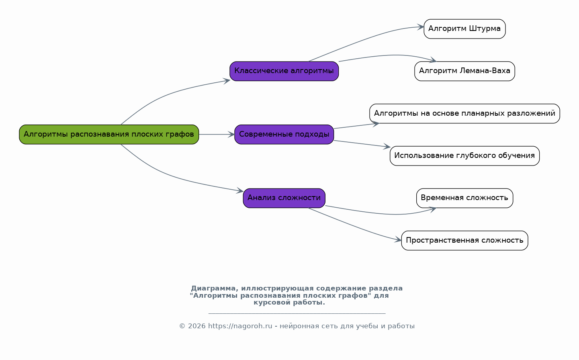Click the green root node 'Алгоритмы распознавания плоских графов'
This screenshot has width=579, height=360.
pos(109,134)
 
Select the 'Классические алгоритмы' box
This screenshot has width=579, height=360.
pos(284,71)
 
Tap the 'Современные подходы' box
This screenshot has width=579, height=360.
pos(284,134)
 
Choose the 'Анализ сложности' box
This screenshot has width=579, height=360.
pos(284,198)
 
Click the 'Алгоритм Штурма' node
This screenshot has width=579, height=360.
pos(464,29)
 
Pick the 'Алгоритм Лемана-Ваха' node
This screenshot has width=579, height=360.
pos(464,71)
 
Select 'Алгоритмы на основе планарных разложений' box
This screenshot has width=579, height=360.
pos(464,113)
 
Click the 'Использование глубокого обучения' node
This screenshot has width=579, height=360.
pos(464,155)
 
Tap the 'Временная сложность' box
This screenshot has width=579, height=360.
pos(464,198)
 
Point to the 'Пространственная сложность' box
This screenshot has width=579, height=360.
pos(464,240)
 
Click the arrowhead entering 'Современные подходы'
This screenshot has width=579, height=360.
pos(231,135)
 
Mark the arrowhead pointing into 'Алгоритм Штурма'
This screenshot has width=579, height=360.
pos(421,27)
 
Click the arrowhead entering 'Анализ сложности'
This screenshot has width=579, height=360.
pos(240,191)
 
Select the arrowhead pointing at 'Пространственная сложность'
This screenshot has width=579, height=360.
pos(399,240)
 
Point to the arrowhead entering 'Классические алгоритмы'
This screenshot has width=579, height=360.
pos(227,80)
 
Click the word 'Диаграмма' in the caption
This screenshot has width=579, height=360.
pos(213,288)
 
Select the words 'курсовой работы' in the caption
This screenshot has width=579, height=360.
pos(289,303)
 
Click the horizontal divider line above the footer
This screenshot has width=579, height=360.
pos(297,313)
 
